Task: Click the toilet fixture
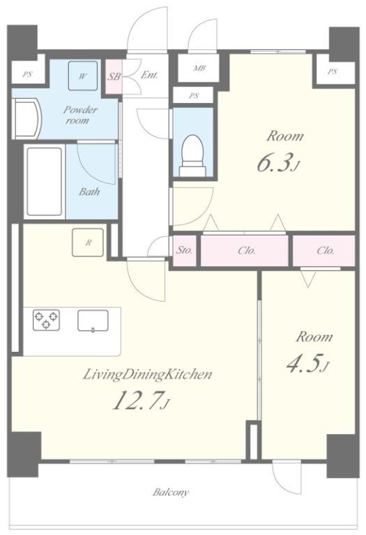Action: click(193, 155)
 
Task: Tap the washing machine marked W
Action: click(82, 76)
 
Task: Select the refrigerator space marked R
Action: click(88, 242)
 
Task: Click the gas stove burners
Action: click(46, 320)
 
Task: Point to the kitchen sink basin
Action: click(93, 320)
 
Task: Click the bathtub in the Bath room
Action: click(45, 182)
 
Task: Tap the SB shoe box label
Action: click(114, 77)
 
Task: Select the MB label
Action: click(199, 68)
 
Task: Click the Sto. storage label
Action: click(184, 251)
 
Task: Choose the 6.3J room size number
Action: click(278, 163)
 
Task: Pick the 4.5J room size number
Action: click(307, 364)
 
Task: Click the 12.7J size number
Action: click(142, 401)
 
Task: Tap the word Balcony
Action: click(170, 493)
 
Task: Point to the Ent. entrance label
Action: click(149, 75)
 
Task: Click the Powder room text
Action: click(80, 115)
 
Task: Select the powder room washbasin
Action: click(26, 118)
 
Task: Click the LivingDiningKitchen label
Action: click(148, 375)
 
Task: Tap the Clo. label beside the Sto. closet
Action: click(247, 251)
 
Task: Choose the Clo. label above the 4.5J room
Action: click(326, 251)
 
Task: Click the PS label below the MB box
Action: click(194, 96)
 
